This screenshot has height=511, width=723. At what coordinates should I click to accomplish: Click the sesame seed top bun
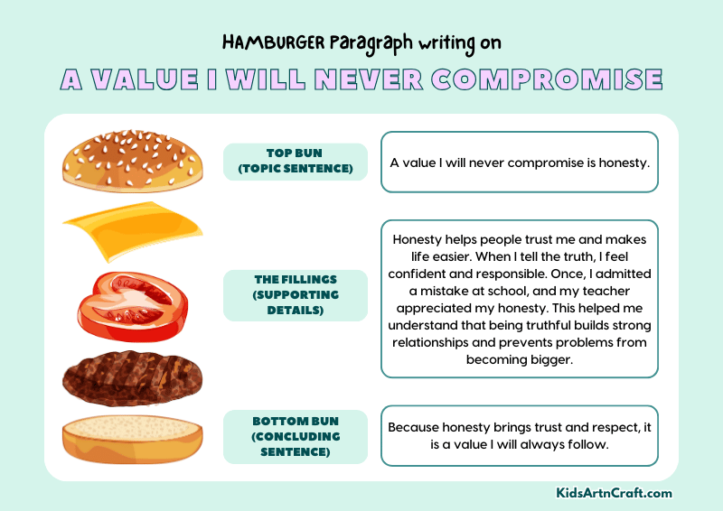pos(131,162)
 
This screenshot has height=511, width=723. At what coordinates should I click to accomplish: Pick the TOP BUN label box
pos(295,162)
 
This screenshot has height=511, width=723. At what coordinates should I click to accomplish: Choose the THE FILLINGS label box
pos(295,294)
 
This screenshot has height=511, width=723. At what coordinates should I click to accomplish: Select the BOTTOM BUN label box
pos(295,436)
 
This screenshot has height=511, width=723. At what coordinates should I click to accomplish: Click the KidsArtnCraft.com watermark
pos(614,494)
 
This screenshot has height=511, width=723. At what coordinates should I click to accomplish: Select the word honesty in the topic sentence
pos(623,163)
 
